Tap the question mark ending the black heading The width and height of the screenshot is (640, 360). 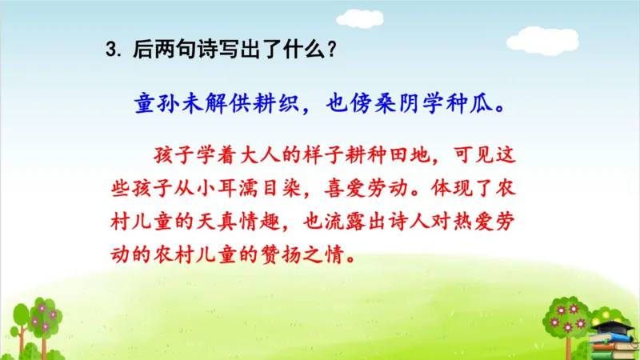pos(330,50)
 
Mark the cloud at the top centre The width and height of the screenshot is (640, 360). pos(358,17)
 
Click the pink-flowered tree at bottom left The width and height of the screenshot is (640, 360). pos(39,320)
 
